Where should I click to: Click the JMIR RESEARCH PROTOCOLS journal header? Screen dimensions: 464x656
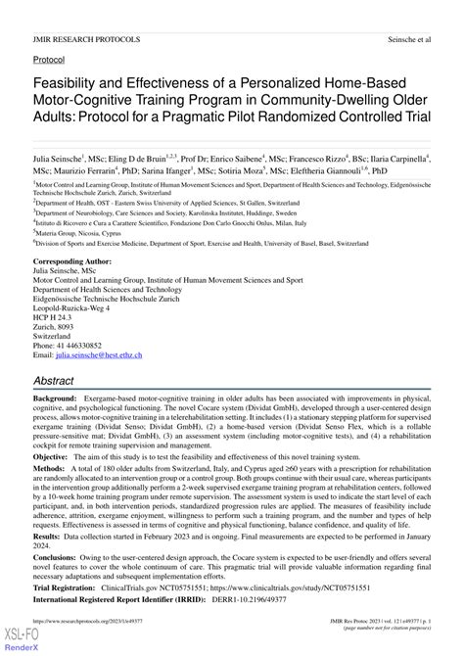pos(87,40)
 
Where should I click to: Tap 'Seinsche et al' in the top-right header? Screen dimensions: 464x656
pos(405,40)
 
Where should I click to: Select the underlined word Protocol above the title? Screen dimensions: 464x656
pos(51,60)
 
